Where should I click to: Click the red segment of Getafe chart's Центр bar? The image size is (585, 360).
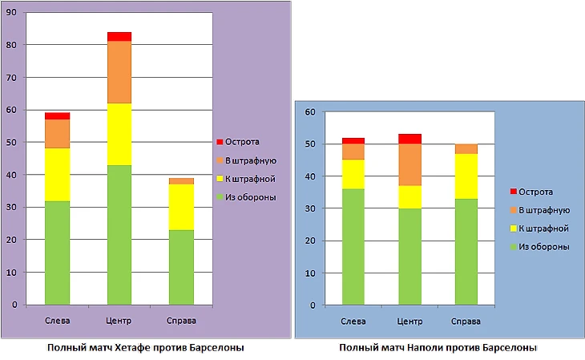tap(119, 36)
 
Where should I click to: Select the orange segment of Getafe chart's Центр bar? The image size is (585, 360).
tap(119, 72)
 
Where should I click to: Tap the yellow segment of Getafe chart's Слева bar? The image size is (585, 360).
tap(57, 174)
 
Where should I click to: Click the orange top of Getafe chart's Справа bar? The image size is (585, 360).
tap(181, 181)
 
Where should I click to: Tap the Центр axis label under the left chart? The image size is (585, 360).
tap(119, 322)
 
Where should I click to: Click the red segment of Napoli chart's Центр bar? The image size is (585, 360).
tap(411, 139)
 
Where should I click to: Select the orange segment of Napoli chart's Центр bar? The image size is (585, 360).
tap(411, 164)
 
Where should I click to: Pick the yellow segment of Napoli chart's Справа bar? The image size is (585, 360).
tap(466, 176)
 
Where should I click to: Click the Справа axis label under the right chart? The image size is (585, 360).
tap(466, 322)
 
